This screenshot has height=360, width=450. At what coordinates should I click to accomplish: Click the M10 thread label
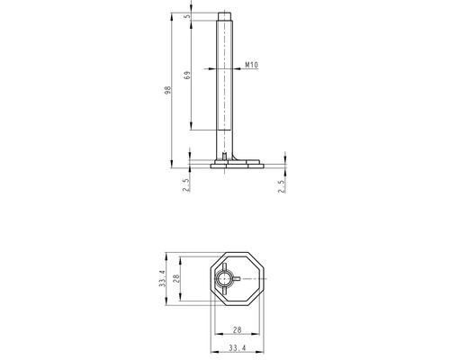251,65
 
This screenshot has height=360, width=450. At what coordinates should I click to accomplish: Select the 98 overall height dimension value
168,90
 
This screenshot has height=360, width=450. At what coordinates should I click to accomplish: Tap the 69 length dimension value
187,75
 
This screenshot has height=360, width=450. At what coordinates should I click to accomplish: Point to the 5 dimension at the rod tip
187,16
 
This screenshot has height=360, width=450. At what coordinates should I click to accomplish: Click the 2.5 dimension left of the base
186,185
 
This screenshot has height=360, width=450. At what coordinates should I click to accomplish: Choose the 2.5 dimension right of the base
282,186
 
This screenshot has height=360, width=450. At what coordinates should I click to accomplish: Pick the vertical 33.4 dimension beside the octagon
162,278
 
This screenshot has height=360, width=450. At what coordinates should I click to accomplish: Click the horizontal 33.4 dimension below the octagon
238,348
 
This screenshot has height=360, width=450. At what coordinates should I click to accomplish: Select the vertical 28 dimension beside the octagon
176,278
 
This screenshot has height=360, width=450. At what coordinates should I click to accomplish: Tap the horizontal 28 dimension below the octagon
237,330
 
